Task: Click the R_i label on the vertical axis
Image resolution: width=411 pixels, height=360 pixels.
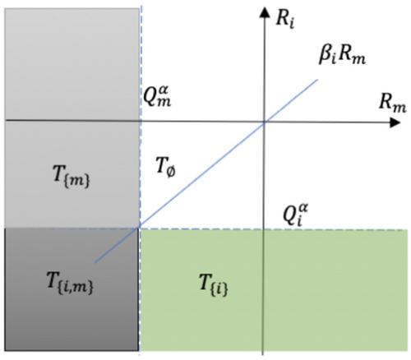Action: coord(285,20)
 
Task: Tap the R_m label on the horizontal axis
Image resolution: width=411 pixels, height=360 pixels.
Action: coord(393,104)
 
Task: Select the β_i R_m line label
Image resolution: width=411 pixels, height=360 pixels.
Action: coord(342,55)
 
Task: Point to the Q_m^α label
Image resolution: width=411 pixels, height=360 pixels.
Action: coord(157,97)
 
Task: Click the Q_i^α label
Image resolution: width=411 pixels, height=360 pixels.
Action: coord(295,215)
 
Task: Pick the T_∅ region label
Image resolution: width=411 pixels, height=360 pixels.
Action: coord(166,167)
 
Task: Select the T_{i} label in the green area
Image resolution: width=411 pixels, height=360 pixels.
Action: coord(214,285)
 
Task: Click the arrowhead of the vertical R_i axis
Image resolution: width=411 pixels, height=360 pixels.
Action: coord(265,12)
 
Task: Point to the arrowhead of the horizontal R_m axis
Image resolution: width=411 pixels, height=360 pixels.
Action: coord(395,122)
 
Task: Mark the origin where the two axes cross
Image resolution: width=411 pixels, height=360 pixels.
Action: coord(264,122)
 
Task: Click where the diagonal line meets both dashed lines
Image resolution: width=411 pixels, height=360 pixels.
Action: coord(140,228)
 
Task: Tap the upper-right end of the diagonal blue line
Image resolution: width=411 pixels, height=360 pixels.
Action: coord(317,80)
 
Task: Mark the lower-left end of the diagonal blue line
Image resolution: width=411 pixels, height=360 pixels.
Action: coord(95,262)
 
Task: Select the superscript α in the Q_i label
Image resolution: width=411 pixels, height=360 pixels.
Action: coord(302,208)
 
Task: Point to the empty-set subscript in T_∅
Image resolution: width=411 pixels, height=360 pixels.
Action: coord(171,172)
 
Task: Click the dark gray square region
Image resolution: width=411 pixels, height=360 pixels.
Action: coord(72,289)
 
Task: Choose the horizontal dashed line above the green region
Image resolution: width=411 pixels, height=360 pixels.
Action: coord(274,229)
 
